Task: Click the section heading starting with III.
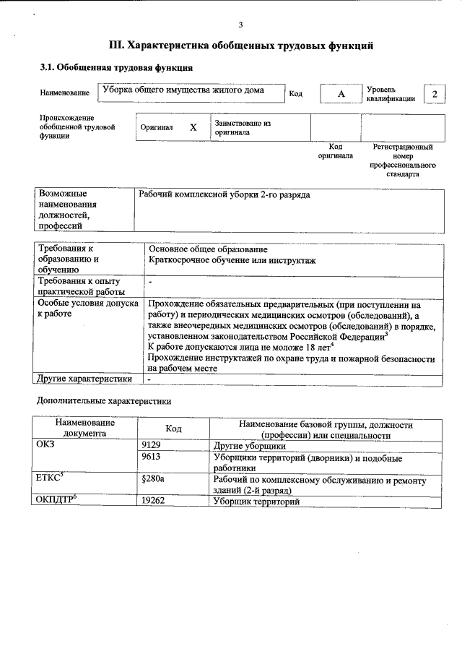pos(240,46)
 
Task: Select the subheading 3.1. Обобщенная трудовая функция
pos(115,68)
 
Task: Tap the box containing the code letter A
pos(341,95)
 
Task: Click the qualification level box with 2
pos(434,95)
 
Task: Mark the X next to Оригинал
pos(193,127)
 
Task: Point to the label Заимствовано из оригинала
pos(242,128)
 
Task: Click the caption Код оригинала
pos(336,151)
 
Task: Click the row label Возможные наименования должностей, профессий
pos(68,210)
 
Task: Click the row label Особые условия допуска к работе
pos(87,309)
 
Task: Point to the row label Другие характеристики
pos(84,378)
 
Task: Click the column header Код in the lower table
pos(173,429)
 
